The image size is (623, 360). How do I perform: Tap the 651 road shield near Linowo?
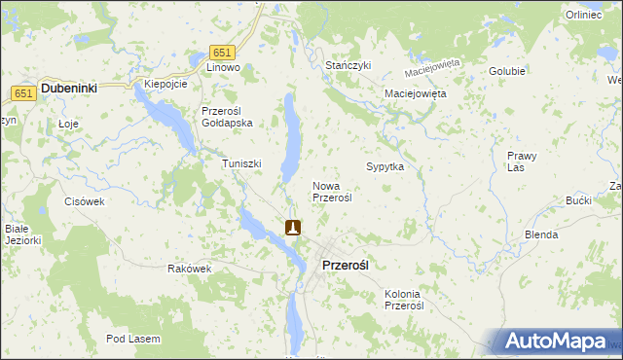coord(222,53)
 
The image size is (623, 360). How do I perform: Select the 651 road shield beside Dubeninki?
coord(24,92)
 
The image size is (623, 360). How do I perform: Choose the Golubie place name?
coord(507,71)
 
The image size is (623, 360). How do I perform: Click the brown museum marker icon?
coord(293,228)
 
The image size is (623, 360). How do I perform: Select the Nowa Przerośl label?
coord(331,191)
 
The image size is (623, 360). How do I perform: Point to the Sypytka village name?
coord(385,167)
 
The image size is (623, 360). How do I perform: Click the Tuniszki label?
coord(242,163)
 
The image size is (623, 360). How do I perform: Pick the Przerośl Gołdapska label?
coord(227,117)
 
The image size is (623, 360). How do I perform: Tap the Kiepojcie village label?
coord(165,84)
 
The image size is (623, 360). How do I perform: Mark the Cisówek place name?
coord(84,201)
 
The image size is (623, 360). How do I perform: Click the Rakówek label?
coord(190,269)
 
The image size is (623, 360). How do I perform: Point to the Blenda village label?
coord(541,234)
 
